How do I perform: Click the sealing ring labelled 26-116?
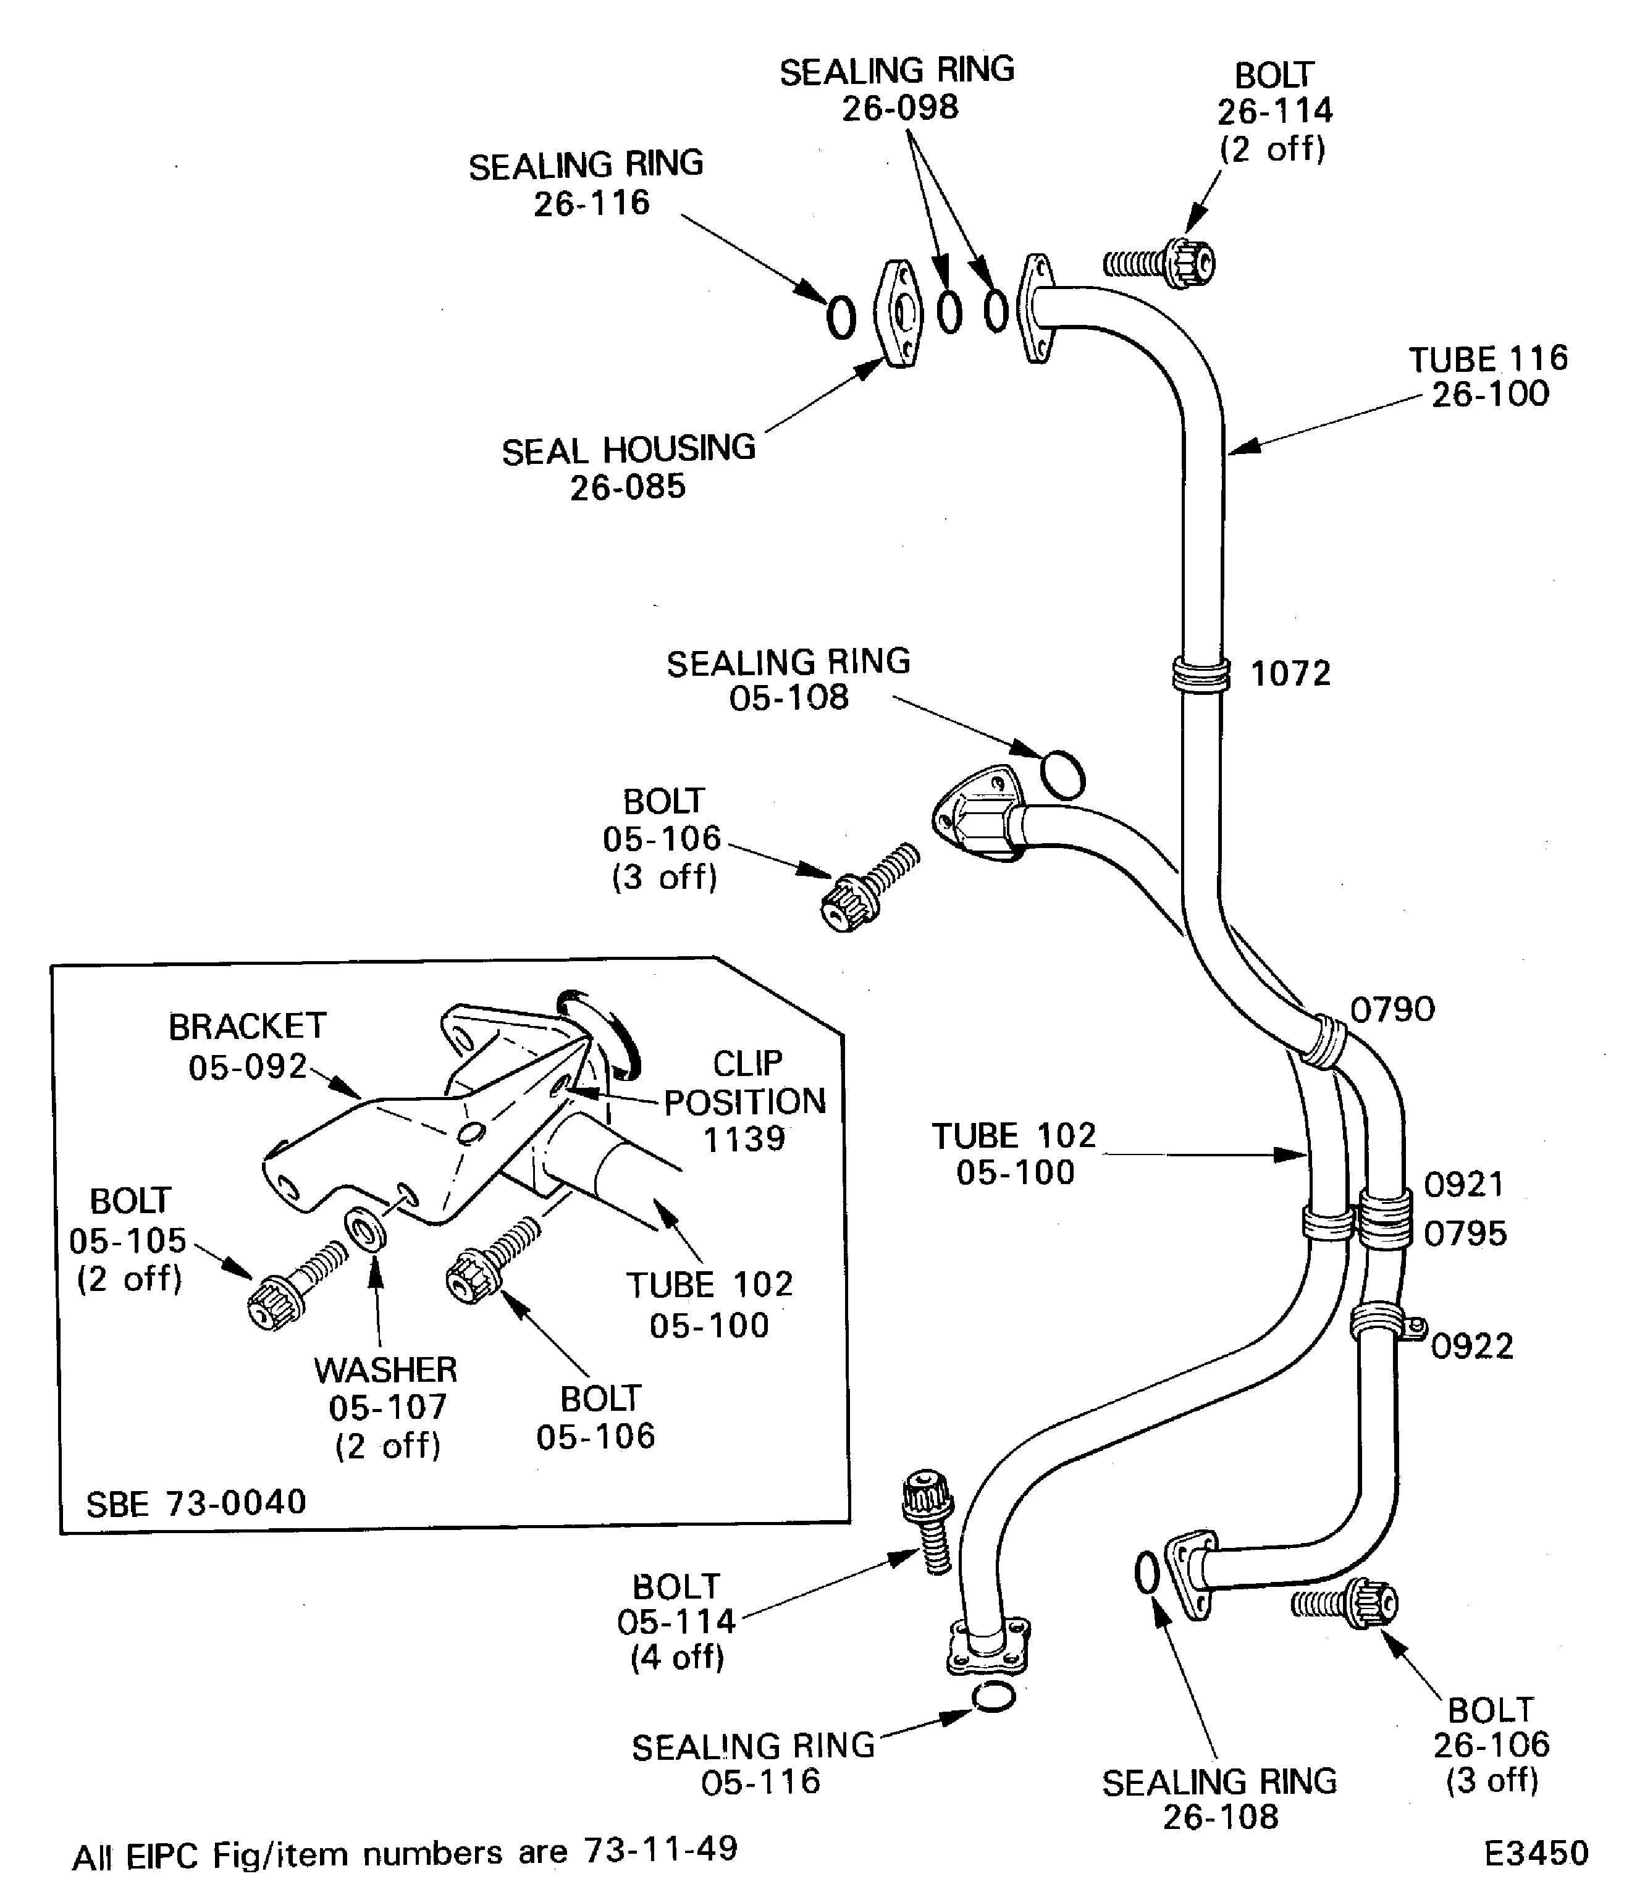click(841, 317)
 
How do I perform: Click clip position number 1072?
click(1290, 675)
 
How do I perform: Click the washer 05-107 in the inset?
click(365, 1230)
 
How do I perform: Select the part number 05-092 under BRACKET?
click(247, 1067)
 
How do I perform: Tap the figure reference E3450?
click(1536, 1854)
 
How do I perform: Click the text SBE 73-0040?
click(196, 1503)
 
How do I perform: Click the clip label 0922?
click(1471, 1347)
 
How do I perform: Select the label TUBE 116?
click(1488, 358)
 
